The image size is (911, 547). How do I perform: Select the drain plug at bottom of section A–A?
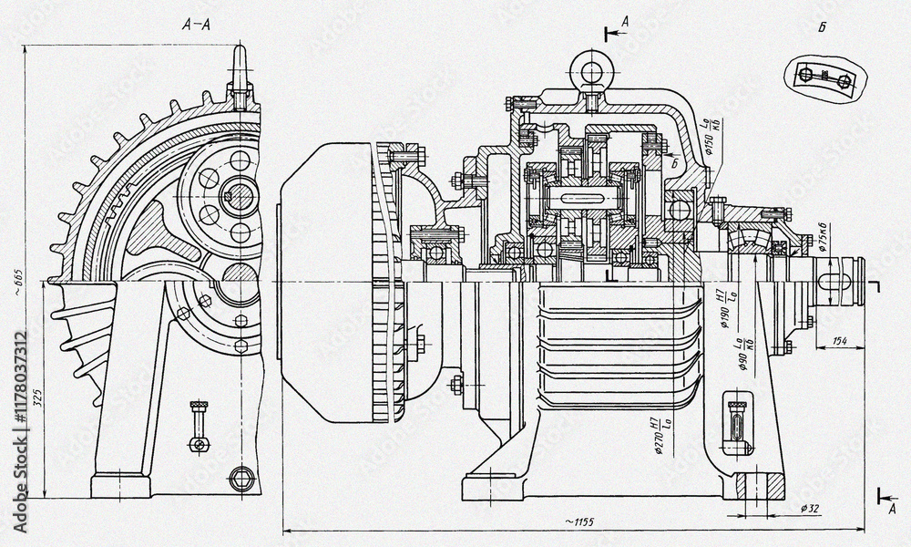click(x=241, y=478)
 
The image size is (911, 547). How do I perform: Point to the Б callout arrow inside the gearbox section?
click(x=668, y=163)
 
